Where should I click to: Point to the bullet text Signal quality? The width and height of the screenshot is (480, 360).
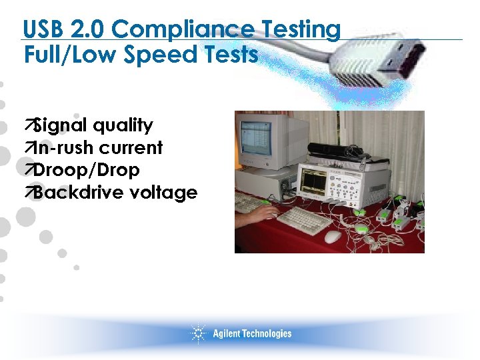pos(93,125)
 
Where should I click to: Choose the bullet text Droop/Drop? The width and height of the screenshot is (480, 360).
pos(86,170)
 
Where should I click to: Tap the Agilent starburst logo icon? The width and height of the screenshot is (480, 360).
pos(198,333)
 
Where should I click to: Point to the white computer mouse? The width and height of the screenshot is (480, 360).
pos(333,237)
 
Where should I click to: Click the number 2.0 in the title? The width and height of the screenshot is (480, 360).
pos(91,30)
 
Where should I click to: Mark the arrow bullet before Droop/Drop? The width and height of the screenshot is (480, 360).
pos(28,171)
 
